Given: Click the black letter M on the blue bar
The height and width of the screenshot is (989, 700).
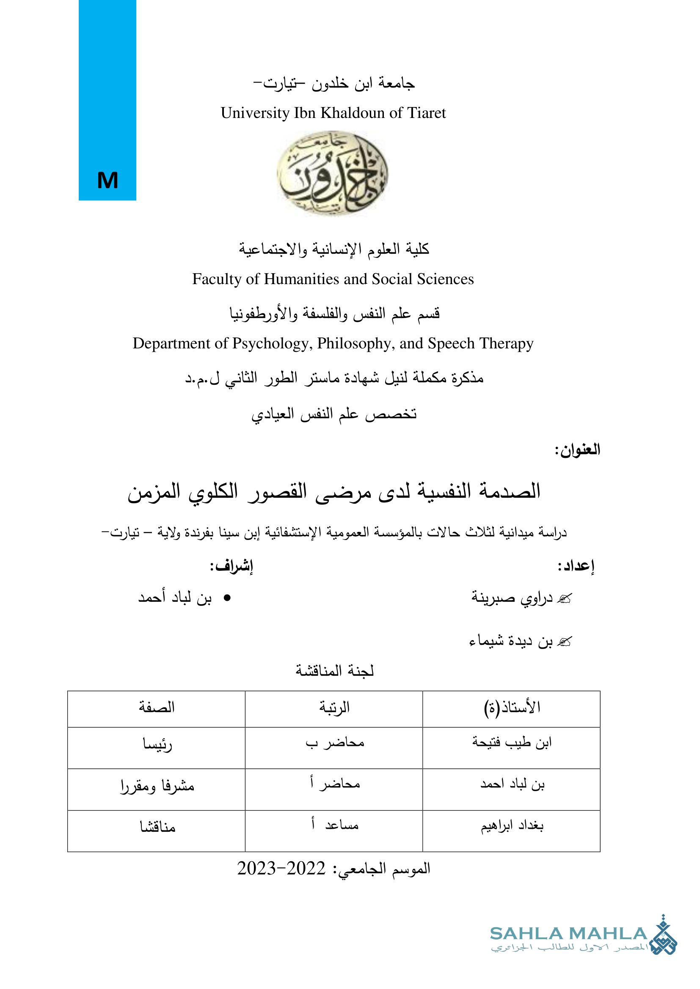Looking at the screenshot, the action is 107,181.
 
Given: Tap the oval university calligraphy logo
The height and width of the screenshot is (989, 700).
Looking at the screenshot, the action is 332,173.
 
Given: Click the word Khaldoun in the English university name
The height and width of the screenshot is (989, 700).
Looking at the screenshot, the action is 353,113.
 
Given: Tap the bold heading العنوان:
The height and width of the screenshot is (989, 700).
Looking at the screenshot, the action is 577,450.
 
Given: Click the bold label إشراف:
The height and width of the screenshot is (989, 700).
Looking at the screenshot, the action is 231,566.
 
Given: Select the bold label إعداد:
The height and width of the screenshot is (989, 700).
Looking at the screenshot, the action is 576,566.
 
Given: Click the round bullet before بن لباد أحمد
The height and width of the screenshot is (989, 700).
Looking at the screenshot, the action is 227,598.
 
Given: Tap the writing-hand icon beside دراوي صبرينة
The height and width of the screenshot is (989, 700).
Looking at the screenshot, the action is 564,598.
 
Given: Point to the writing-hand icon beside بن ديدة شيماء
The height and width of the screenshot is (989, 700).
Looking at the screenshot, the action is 564,642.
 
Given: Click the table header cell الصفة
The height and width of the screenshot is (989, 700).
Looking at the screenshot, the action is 157,707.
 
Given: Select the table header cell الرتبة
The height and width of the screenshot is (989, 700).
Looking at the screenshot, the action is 334,707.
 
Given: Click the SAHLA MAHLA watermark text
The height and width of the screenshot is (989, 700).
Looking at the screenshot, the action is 568,934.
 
